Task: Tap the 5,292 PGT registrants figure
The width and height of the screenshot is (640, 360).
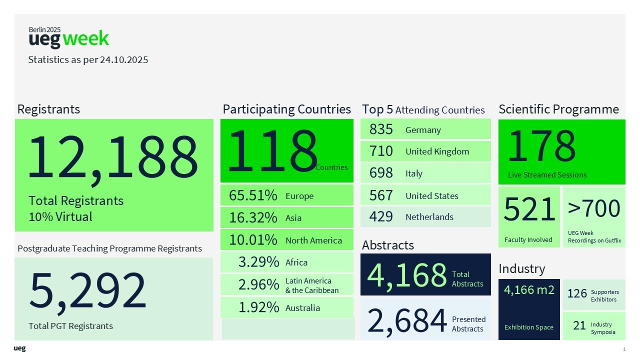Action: (x=88, y=290)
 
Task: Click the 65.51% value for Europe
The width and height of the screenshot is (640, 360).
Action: (x=253, y=195)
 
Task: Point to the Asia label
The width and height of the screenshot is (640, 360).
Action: (x=293, y=218)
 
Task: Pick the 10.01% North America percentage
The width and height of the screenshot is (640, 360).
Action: (x=253, y=240)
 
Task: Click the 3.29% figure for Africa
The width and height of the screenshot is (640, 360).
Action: (x=258, y=262)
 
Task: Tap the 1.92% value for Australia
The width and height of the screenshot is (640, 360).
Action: (x=258, y=307)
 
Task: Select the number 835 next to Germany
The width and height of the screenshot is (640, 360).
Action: (x=381, y=129)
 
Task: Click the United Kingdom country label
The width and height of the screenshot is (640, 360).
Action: (x=437, y=151)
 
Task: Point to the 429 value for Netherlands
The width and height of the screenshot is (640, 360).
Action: (x=381, y=216)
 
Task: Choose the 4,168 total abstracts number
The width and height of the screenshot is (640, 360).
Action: (x=407, y=274)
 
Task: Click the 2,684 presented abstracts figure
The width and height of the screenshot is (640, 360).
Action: (x=407, y=320)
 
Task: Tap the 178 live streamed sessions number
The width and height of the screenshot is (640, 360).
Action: (x=541, y=146)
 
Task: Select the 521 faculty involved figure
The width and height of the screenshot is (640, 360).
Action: (x=529, y=209)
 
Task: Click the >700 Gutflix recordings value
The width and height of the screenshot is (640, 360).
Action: (x=594, y=208)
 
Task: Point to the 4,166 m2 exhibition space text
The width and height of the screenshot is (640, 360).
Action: (x=529, y=290)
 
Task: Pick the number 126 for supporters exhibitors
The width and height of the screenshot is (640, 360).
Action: (x=577, y=293)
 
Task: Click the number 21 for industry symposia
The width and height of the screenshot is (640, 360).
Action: (x=579, y=325)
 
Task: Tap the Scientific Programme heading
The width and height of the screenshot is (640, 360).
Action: (x=558, y=109)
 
